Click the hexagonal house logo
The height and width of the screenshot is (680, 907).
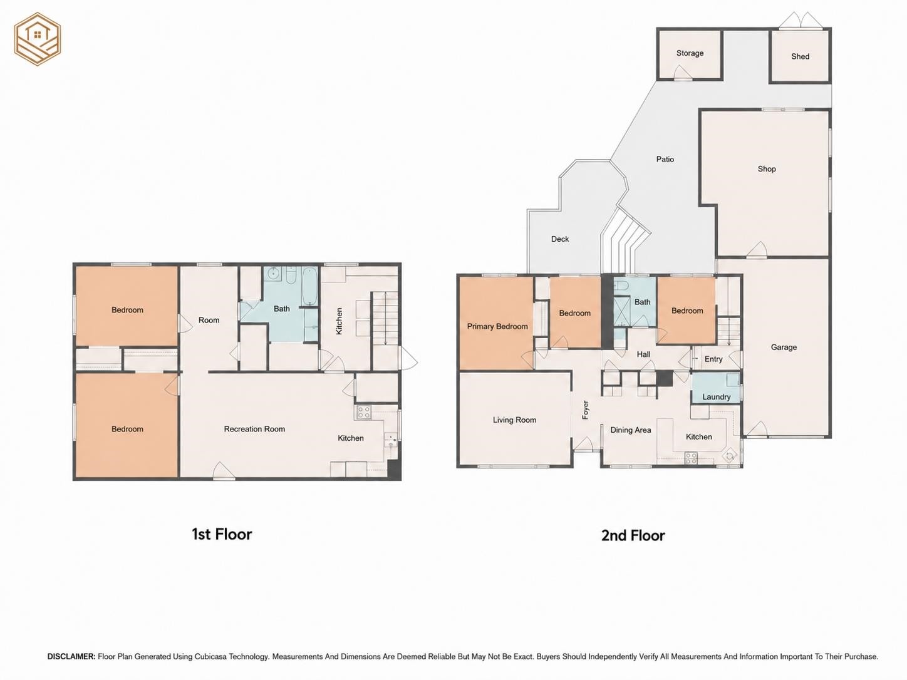pyautogui.click(x=38, y=39)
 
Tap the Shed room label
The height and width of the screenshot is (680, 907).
pyautogui.click(x=800, y=56)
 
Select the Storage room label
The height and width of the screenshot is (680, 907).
pyautogui.click(x=690, y=53)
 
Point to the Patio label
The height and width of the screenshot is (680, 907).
pyautogui.click(x=665, y=159)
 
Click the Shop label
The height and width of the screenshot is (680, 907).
pyautogui.click(x=767, y=169)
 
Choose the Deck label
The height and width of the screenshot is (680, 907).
pyautogui.click(x=560, y=239)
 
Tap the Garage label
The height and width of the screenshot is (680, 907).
pyautogui.click(x=784, y=348)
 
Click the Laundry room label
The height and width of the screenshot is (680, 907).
pyautogui.click(x=716, y=397)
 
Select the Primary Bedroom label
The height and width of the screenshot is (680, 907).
pyautogui.click(x=497, y=327)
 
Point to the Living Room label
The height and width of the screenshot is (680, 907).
pyautogui.click(x=514, y=420)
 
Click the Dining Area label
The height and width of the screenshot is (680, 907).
pyautogui.click(x=631, y=430)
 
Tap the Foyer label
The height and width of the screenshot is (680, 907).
pyautogui.click(x=585, y=410)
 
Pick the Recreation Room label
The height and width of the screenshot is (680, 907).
pyautogui.click(x=254, y=429)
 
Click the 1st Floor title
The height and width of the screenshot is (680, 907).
pyautogui.click(x=222, y=534)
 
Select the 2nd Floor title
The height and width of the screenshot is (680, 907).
pyautogui.click(x=633, y=535)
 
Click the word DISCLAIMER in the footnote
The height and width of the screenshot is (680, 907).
pyautogui.click(x=71, y=656)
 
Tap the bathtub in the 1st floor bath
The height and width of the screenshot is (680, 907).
pyautogui.click(x=309, y=286)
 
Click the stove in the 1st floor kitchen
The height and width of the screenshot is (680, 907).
pyautogui.click(x=364, y=412)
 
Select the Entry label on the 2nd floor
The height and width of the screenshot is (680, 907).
pyautogui.click(x=713, y=359)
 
